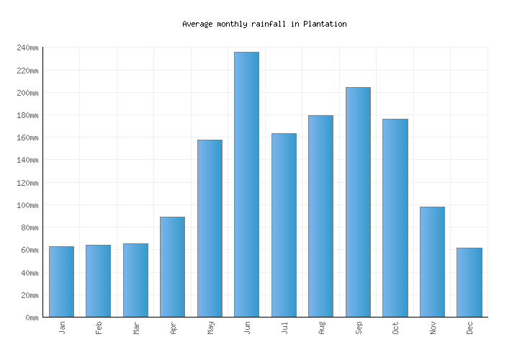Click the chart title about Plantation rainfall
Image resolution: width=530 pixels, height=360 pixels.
(x=264, y=24)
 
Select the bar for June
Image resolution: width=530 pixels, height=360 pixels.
(x=246, y=184)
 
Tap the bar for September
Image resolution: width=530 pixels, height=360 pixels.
(x=358, y=202)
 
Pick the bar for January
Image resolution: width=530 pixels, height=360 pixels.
(x=61, y=282)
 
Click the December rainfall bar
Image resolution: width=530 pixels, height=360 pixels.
(x=469, y=282)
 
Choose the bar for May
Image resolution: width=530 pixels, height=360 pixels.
(x=210, y=228)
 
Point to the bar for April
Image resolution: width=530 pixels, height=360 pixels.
(x=172, y=267)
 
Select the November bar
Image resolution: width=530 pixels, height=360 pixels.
(x=432, y=262)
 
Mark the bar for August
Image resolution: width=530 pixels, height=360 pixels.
(x=320, y=216)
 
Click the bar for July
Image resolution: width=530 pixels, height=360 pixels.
(x=284, y=225)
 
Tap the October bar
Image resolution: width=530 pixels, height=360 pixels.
(x=395, y=218)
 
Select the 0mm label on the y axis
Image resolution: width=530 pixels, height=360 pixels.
(x=31, y=318)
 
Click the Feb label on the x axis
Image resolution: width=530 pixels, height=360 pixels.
(x=99, y=328)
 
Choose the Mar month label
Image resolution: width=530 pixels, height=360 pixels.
(x=136, y=328)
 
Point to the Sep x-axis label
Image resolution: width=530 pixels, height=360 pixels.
(x=359, y=328)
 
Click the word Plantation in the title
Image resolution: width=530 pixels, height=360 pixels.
(x=325, y=24)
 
